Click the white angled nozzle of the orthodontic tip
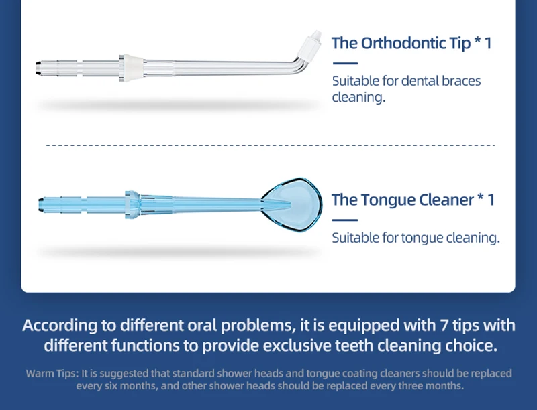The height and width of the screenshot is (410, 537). pos(309,44)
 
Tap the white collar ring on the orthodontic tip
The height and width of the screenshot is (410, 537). pos(130,68)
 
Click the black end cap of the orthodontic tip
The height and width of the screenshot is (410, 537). pos(39,68)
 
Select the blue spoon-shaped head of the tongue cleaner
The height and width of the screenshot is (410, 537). pos(292,204)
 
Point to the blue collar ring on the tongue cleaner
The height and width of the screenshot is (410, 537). pos(132,204)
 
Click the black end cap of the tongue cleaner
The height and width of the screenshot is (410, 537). pos(41,204)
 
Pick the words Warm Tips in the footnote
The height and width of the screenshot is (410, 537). pos(52,373)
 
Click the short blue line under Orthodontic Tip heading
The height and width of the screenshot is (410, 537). pos(345,63)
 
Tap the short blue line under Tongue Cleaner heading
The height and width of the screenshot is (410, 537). pos(345,220)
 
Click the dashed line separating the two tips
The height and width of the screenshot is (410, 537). pos(271,145)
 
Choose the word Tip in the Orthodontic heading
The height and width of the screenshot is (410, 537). pos(460,44)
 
